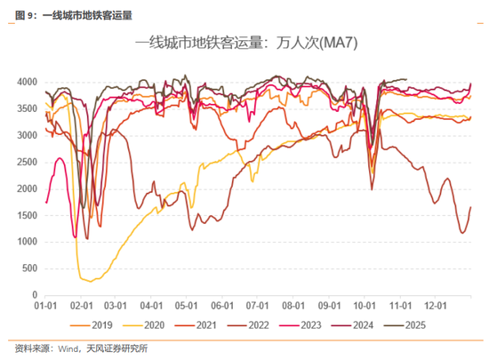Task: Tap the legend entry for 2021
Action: [206, 324]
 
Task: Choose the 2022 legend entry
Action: [261, 324]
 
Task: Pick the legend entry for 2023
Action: [317, 324]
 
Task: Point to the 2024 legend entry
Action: [372, 324]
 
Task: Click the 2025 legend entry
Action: [427, 324]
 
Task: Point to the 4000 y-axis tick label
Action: [25, 83]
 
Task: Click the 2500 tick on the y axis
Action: [25, 163]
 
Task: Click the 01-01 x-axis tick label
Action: [46, 305]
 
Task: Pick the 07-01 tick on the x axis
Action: [258, 305]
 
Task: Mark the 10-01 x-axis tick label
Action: [365, 305]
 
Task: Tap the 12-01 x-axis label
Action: [435, 305]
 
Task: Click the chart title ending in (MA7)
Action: [245, 43]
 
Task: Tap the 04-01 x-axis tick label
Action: [152, 305]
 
